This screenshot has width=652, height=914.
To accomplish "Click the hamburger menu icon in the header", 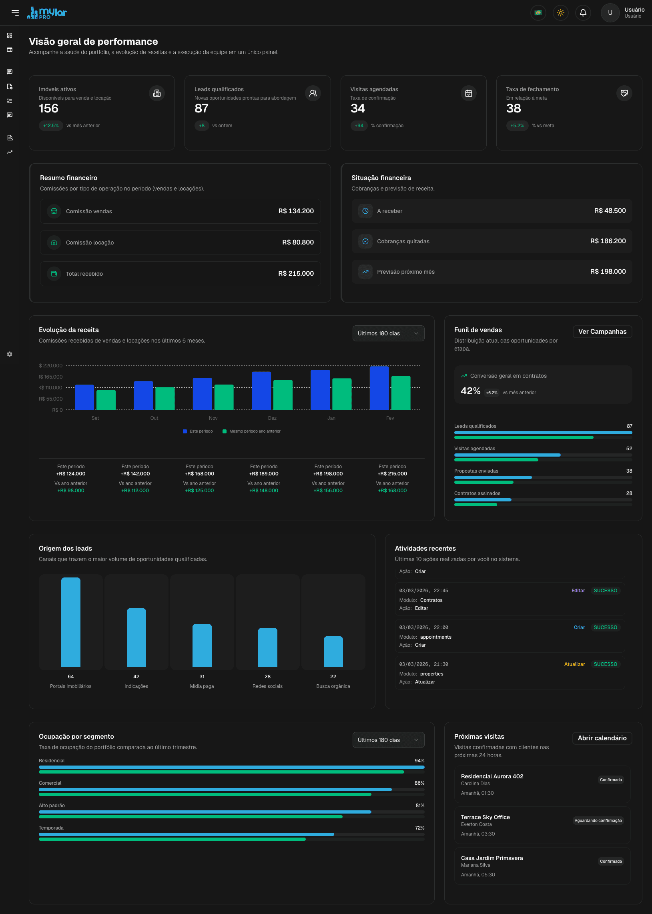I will pos(15,13).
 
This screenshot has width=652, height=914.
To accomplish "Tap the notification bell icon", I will pos(583,13).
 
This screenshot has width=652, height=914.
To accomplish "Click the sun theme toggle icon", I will pos(560,13).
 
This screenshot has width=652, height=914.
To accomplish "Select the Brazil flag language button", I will pos(538,13).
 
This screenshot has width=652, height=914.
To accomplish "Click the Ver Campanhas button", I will pos(602,332).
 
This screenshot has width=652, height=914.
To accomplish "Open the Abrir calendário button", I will pos(602,738).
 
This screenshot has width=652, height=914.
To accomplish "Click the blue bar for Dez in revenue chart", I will pos(261,391).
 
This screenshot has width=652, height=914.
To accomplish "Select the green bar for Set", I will pos(106,400).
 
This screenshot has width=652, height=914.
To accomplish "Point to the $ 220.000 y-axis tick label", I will pos(50,366).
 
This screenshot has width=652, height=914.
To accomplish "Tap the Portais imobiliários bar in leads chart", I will pos(71,622).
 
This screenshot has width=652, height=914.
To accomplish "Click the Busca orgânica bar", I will pos(333,651).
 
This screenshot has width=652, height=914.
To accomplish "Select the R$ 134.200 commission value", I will pos(296,211).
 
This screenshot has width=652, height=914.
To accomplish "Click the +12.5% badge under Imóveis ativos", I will pos(51,126).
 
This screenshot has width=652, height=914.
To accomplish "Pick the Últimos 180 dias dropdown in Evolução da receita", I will pos(388,333).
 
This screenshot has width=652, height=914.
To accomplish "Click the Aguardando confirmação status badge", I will pos(598,820).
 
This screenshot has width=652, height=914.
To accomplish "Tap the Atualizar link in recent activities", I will pos(574,664).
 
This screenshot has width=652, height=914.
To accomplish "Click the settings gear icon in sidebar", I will pos(10,354).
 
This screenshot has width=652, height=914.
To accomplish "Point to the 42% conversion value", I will pos(470,391).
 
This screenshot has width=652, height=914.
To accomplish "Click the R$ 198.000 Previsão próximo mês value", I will pos(608,272).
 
